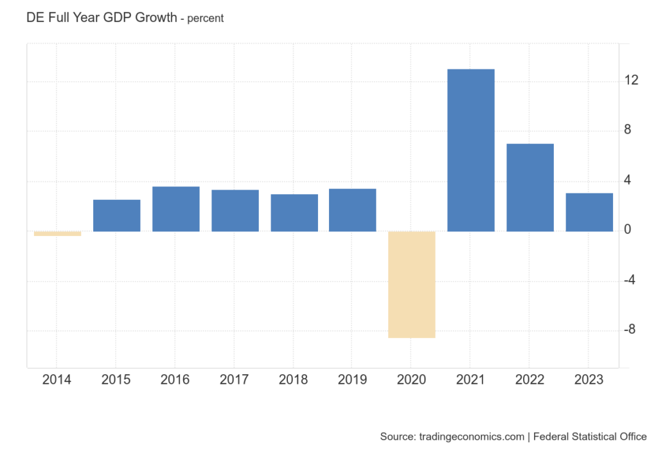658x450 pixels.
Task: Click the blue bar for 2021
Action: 470,150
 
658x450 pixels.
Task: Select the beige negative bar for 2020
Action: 411,284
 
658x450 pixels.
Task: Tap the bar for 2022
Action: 529,187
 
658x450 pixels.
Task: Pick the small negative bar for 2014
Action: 57,233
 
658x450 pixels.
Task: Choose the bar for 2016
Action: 175,209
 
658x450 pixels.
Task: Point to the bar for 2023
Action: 589,212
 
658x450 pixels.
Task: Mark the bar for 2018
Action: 294,213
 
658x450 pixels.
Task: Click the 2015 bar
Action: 116,215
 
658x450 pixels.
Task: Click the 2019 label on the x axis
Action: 352,380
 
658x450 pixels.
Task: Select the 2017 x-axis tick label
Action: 235,380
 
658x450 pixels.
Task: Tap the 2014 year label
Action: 57,380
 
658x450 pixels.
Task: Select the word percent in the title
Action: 206,19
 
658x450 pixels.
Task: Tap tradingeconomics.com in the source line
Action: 470,437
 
